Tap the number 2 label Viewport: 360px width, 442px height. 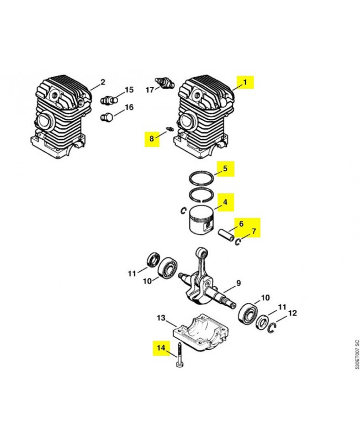pyautogui.click(x=102, y=83)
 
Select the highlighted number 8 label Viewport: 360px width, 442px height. pyautogui.click(x=151, y=138)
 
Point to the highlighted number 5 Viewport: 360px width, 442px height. pyautogui.click(x=225, y=167)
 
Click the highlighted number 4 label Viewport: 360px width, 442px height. pyautogui.click(x=225, y=202)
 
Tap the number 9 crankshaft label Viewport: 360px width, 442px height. pyautogui.click(x=238, y=283)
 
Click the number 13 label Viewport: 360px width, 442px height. pyautogui.click(x=161, y=318)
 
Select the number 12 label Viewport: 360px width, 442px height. pyautogui.click(x=293, y=313)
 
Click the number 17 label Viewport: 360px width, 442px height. pyautogui.click(x=150, y=89)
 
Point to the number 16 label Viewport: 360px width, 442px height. pyautogui.click(x=129, y=107)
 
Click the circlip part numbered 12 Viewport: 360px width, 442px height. pyautogui.click(x=272, y=330)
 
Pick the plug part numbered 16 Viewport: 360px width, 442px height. pyautogui.click(x=108, y=118)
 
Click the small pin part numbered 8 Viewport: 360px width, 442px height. pyautogui.click(x=170, y=130)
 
